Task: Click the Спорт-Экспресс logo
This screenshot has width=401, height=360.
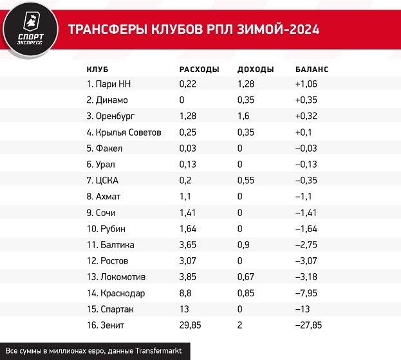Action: tap(26, 30)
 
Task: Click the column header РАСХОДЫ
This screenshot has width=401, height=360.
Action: tap(198, 69)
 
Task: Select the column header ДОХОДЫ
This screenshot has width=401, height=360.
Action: tap(256, 69)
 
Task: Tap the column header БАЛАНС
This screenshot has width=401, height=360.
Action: tap(312, 69)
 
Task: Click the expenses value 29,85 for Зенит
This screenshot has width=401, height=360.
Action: tap(190, 325)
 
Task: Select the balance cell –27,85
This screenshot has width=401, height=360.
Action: tap(309, 325)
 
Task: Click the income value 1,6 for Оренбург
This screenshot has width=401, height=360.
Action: tap(243, 116)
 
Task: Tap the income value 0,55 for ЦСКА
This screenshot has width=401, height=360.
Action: tap(246, 181)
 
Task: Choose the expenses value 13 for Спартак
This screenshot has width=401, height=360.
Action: tap(184, 309)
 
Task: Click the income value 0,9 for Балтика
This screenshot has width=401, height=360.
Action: tap(243, 245)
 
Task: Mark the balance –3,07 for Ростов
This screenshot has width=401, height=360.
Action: tap(306, 261)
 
